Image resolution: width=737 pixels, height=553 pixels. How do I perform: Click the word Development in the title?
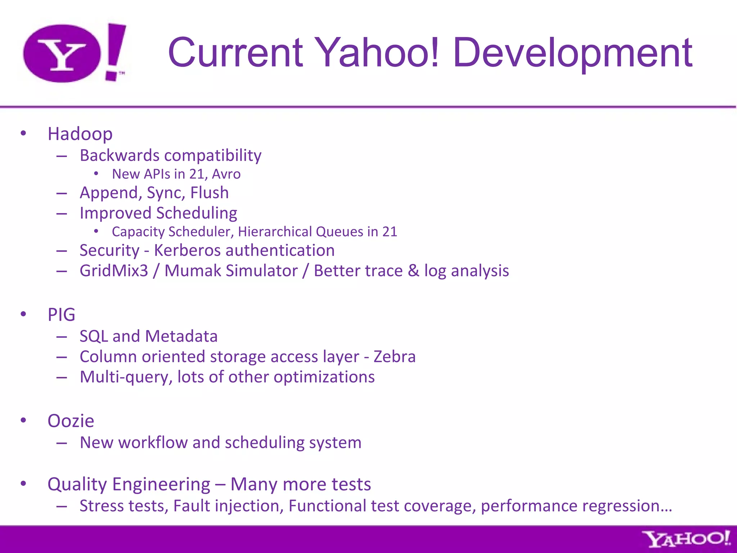click(572, 53)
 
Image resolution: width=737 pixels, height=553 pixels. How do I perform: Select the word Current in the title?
click(236, 53)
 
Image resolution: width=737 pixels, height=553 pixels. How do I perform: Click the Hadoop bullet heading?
click(80, 134)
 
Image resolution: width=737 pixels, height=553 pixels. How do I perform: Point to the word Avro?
click(226, 174)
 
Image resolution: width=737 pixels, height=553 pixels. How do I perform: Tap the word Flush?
click(209, 193)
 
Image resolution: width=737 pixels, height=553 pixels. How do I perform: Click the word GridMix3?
click(114, 271)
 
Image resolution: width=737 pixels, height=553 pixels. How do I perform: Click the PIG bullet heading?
click(62, 315)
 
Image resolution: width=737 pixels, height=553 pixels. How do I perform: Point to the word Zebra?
click(394, 357)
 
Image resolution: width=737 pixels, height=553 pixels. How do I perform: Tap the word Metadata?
click(181, 336)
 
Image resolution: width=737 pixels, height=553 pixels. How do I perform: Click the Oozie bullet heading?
click(71, 421)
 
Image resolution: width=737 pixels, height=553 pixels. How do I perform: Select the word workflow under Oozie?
click(153, 442)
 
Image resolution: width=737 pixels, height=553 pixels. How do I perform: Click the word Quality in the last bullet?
click(77, 485)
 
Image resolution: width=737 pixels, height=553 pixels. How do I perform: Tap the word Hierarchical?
click(275, 232)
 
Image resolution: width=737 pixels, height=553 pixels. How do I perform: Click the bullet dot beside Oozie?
click(23, 420)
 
